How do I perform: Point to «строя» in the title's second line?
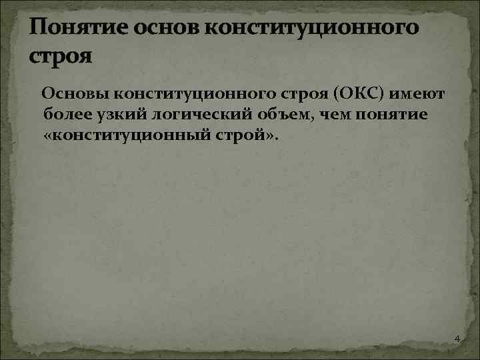[60, 55]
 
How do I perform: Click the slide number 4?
[457, 340]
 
